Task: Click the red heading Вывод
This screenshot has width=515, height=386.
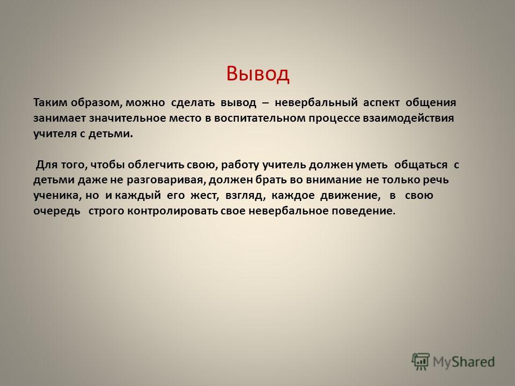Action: [x=258, y=73]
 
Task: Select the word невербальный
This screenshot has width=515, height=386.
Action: [x=316, y=103]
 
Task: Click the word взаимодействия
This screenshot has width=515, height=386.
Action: [x=408, y=118]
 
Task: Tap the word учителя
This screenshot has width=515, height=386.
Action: [x=55, y=134]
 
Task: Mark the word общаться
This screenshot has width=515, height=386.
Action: [x=421, y=165]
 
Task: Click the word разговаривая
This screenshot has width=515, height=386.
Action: [x=166, y=180]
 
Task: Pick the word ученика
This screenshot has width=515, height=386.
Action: [x=56, y=196]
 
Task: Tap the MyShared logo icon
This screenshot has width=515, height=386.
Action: [x=421, y=362]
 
